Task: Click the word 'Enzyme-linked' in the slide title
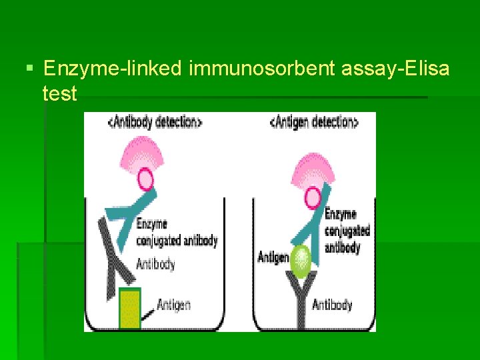[112, 68]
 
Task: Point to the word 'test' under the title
[59, 93]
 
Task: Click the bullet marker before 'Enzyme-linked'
[27, 68]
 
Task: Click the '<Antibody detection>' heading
[154, 122]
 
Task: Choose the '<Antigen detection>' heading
[314, 122]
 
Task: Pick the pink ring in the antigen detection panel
[311, 197]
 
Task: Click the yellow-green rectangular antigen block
[129, 309]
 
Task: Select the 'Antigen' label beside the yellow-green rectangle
[173, 305]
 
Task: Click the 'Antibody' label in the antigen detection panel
[332, 305]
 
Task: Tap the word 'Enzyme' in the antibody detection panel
[152, 224]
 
